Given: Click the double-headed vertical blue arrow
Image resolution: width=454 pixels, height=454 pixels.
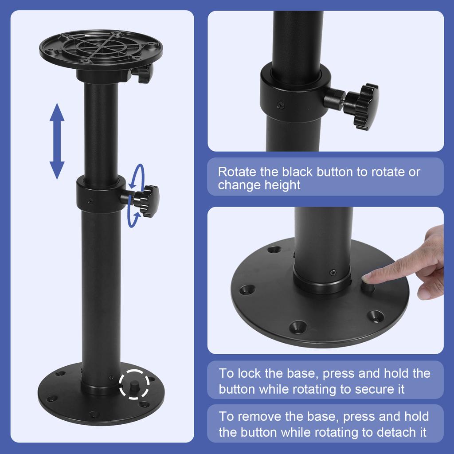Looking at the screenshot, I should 57,141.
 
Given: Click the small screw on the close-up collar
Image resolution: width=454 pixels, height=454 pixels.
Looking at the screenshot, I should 279,105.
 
